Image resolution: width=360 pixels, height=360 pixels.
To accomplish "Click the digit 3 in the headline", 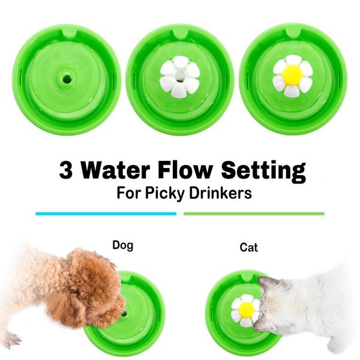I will (67, 170).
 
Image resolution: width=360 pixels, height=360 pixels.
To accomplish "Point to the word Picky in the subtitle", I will (182, 194).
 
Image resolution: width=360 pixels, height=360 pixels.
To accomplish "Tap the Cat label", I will (249, 247).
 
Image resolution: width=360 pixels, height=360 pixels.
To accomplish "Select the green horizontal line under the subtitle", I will (254, 213).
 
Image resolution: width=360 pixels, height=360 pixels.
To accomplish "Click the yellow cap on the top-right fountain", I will (292, 75).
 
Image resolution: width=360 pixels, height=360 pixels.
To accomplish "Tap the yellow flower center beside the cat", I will (246, 310).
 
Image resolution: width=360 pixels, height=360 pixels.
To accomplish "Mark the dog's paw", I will (12, 339).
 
